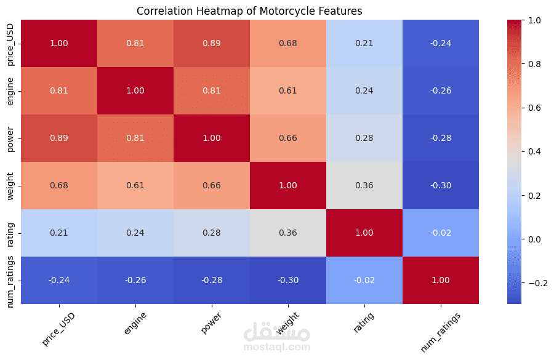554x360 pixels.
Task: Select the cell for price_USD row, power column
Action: tap(212, 43)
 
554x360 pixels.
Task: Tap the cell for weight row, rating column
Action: tap(364, 185)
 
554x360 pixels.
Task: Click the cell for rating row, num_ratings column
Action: tap(441, 233)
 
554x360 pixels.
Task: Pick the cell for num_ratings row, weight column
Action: tap(288, 280)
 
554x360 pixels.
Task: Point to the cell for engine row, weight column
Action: tap(288, 90)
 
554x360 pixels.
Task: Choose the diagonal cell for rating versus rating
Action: tap(364, 233)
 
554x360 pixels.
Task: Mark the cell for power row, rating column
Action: tap(364, 138)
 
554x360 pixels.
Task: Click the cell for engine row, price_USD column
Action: tap(59, 90)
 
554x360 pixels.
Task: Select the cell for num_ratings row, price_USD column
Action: tap(59, 280)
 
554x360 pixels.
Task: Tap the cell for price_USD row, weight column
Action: tap(288, 43)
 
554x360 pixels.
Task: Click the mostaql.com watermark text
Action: tap(277, 347)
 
